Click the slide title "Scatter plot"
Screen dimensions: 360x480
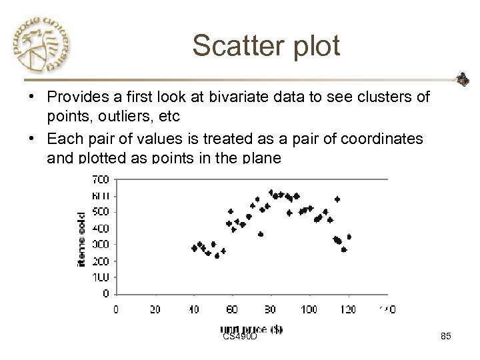[266, 46]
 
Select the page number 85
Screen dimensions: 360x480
[446, 337]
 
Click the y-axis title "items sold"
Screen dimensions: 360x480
[81, 239]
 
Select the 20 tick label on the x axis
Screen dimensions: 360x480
[156, 309]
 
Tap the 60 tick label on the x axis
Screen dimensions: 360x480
[233, 309]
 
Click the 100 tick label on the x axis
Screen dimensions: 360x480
[309, 309]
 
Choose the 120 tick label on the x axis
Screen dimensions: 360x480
[348, 309]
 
